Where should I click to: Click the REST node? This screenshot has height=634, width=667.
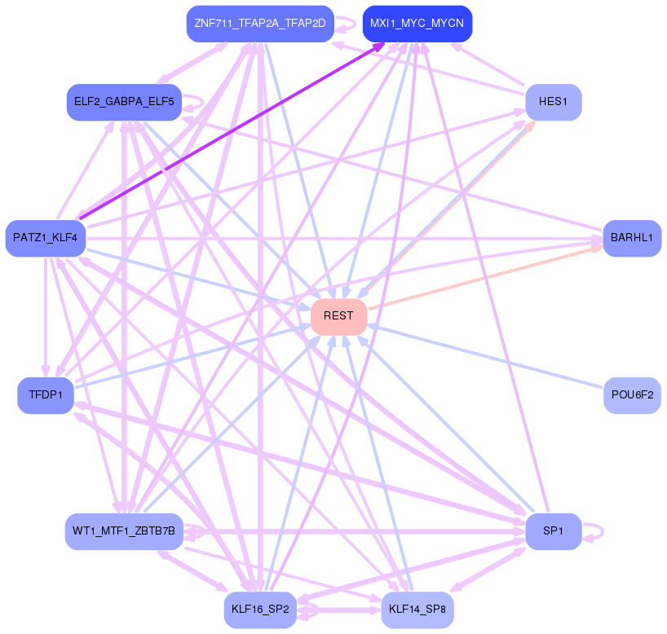pos(338,316)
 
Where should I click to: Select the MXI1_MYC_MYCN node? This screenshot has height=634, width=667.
pos(417,24)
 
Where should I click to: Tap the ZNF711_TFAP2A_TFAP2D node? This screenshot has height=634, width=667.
pos(260,24)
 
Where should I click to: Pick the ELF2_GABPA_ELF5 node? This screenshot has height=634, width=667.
pos(123,103)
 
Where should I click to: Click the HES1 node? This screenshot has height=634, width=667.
pos(553,103)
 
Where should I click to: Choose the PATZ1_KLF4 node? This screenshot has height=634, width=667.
pos(46,238)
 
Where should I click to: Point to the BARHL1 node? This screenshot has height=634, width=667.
pos(632,238)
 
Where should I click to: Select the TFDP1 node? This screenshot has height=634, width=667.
pos(46,395)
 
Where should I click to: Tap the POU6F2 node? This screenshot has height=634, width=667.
pos(632,395)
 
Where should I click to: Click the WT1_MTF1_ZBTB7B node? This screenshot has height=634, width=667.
pos(123,531)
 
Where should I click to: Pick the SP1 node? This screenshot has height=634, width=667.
pos(553,531)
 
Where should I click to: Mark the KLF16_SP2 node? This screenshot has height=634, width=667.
pos(260,610)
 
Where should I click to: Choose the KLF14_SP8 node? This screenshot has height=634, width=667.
pos(417,610)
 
